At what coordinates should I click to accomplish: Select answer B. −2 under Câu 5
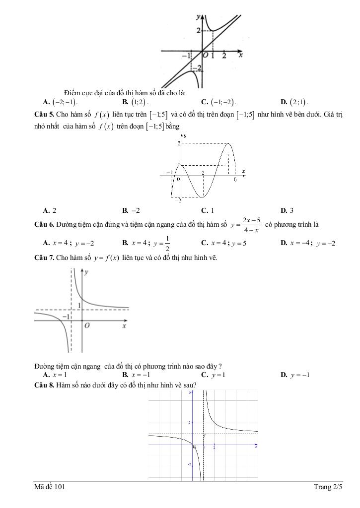pos(131,210)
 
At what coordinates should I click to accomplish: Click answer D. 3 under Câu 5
pos(287,210)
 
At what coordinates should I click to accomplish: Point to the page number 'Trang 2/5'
pos(328,487)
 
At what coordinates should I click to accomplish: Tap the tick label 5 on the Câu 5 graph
pos(235,180)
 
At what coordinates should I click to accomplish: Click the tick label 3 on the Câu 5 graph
pos(179,143)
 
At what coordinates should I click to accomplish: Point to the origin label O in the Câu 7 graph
pos(87,326)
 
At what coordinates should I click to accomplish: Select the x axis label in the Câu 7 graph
pos(124,326)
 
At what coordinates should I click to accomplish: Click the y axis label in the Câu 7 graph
pos(86,272)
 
